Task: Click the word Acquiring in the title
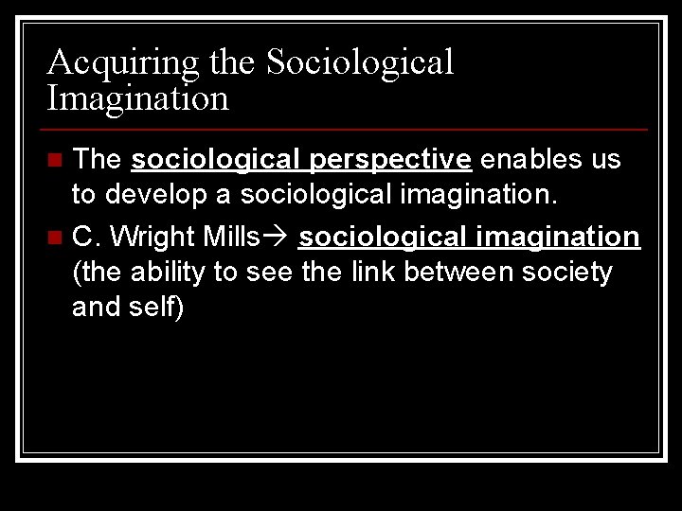tap(123, 62)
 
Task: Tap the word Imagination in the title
tap(138, 97)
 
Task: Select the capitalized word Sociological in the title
tap(360, 62)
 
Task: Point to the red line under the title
tap(347, 129)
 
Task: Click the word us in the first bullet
tap(607, 160)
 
